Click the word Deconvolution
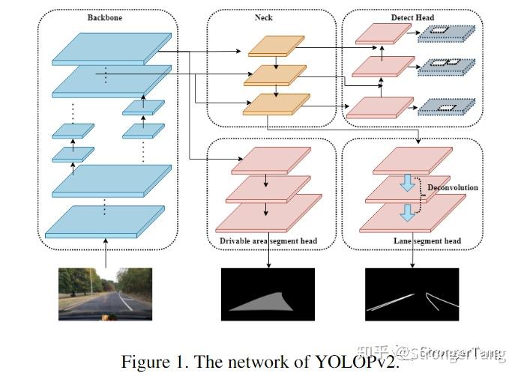[452, 188]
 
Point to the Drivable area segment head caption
[268, 241]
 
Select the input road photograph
[105, 294]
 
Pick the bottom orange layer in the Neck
[276, 104]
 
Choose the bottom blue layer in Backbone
[105, 222]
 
